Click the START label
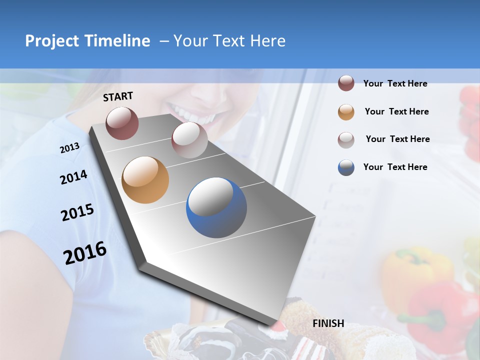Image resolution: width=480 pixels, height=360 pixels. pyautogui.click(x=118, y=96)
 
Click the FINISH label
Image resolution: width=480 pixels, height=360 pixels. pyautogui.click(x=328, y=323)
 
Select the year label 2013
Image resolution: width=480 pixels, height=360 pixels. pyautogui.click(x=69, y=148)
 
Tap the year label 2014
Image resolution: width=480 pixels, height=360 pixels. pyautogui.click(x=74, y=177)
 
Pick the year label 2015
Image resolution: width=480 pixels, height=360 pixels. pyautogui.click(x=77, y=212)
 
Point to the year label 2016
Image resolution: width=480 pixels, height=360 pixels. pyautogui.click(x=85, y=253)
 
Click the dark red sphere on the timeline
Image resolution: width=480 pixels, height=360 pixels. pyautogui.click(x=122, y=123)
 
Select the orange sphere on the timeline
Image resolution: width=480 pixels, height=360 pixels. pyautogui.click(x=145, y=180)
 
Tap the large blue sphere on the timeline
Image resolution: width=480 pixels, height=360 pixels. pyautogui.click(x=216, y=207)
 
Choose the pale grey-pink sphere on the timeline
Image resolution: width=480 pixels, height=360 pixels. pyautogui.click(x=189, y=140)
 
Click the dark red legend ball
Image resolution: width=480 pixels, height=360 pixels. pyautogui.click(x=346, y=83)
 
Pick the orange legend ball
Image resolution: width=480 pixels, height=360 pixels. pyautogui.click(x=346, y=112)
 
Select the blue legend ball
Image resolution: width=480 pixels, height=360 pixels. pyautogui.click(x=346, y=167)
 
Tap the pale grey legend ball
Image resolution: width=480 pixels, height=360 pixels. pyautogui.click(x=346, y=140)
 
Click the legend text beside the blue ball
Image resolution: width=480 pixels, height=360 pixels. pyautogui.click(x=395, y=167)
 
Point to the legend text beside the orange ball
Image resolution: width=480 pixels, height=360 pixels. pyautogui.click(x=396, y=111)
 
